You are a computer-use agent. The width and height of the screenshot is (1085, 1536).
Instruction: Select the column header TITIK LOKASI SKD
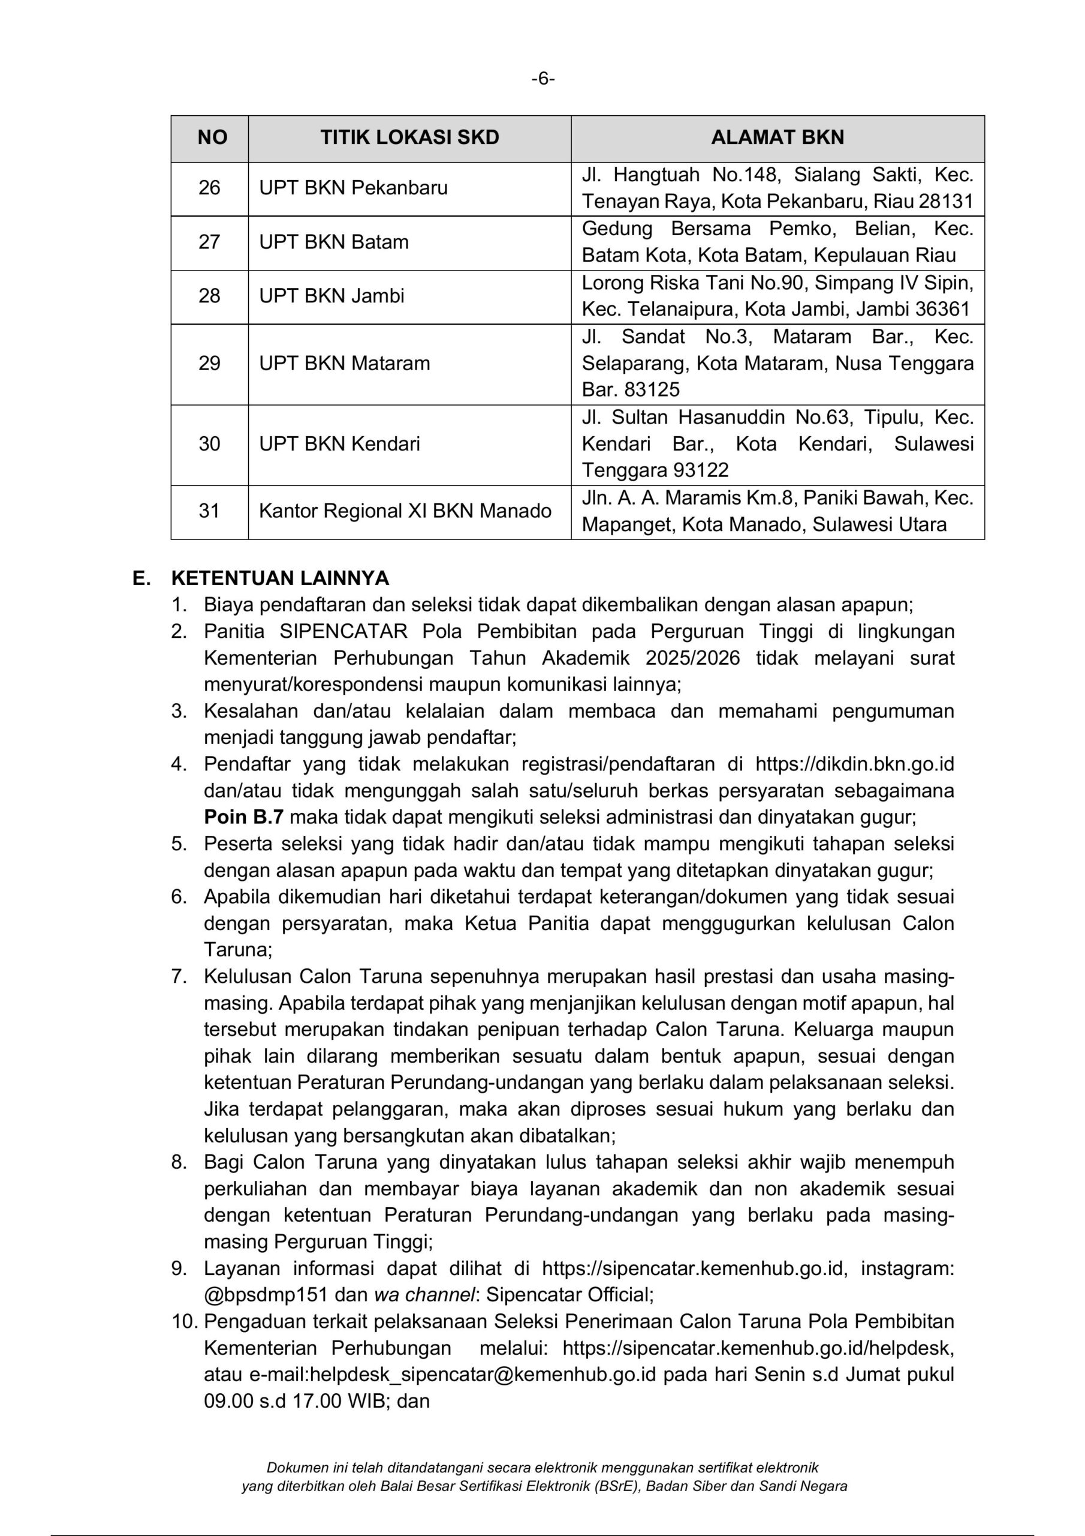[409, 138]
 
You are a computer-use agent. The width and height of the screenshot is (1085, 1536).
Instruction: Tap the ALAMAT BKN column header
[777, 138]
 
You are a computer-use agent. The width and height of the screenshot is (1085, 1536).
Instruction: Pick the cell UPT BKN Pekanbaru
[353, 188]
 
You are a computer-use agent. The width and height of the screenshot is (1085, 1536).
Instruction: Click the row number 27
[209, 242]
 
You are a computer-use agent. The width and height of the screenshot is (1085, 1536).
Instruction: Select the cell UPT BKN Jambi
[331, 296]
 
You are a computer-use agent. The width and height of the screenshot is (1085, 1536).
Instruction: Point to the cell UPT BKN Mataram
[344, 363]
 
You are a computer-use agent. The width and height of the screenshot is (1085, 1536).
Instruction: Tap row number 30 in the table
[209, 443]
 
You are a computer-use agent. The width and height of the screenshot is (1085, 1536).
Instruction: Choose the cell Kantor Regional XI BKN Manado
[405, 511]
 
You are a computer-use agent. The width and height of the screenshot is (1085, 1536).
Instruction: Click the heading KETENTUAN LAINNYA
[280, 578]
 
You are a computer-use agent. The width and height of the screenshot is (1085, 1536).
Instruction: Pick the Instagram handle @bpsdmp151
[266, 1294]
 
